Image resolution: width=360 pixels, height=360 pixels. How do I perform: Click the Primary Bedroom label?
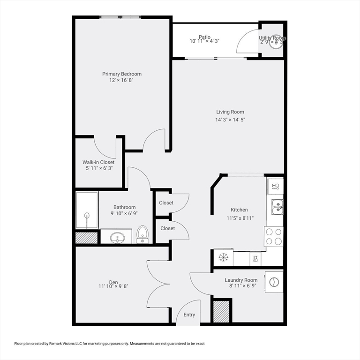[122, 74]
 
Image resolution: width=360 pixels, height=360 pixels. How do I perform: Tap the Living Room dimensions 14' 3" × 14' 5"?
[230, 120]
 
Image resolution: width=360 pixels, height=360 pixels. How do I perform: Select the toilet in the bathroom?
[142, 234]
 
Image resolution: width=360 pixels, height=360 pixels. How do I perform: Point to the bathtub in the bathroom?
[87, 210]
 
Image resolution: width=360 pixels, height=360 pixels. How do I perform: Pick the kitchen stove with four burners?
[274, 236]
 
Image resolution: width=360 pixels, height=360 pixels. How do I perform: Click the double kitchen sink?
[277, 206]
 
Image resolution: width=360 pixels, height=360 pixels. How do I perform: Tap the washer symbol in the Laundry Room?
[274, 283]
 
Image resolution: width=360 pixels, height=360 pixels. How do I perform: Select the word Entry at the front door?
[189, 315]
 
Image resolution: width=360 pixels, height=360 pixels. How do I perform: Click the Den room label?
[113, 282]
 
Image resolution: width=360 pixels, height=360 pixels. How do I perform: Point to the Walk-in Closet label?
[98, 162]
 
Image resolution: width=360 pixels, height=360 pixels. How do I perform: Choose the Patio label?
[204, 37]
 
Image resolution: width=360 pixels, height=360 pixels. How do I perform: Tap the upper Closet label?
[166, 203]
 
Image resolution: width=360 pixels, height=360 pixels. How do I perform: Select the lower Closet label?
[168, 228]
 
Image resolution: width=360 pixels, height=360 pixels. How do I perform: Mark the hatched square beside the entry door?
[221, 311]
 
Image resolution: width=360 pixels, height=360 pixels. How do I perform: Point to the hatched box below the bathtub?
[87, 237]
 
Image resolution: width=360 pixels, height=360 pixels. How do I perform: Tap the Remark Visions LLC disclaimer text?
[110, 344]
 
